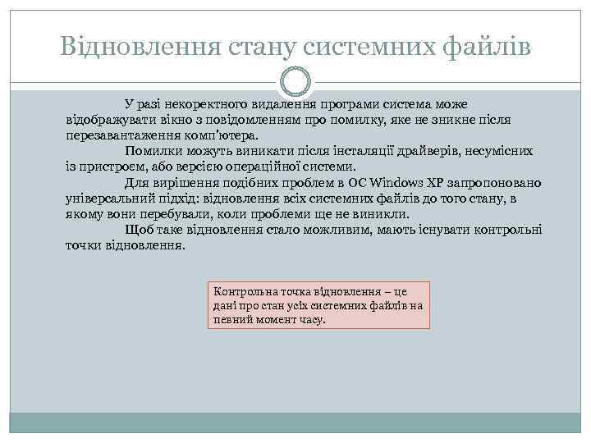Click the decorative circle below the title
295,82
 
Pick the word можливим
339,230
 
